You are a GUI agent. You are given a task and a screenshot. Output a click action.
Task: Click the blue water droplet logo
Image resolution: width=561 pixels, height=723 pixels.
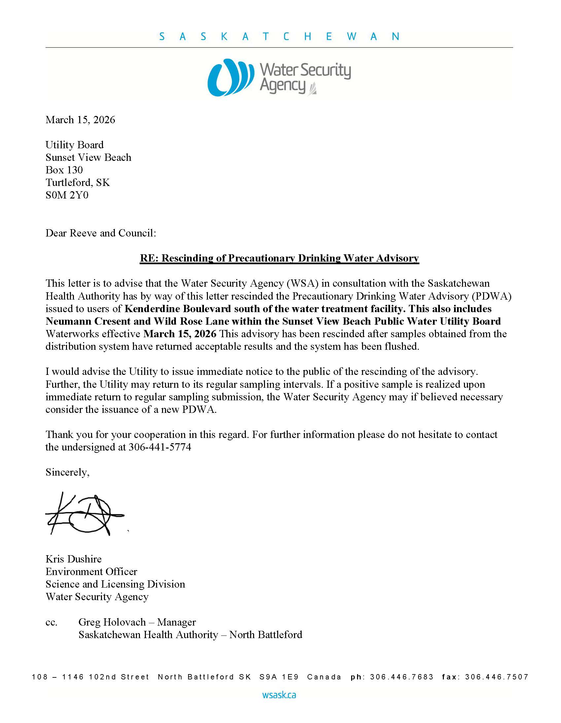(x=230, y=77)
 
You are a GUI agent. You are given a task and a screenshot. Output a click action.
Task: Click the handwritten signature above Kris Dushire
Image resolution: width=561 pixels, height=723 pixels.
(x=84, y=514)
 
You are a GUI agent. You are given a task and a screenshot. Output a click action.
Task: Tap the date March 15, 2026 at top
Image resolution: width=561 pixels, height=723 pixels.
(x=81, y=120)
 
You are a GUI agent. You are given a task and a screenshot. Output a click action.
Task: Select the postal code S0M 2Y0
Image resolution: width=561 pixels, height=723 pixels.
(x=67, y=195)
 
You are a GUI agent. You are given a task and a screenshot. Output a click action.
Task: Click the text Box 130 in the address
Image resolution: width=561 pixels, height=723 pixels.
(x=64, y=170)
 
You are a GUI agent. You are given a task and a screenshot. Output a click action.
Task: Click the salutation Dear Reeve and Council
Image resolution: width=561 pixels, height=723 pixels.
(x=101, y=233)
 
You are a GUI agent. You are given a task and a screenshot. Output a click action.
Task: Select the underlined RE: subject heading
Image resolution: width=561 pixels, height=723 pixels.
(x=280, y=258)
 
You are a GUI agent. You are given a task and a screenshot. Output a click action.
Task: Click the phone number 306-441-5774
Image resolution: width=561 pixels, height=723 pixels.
(x=160, y=447)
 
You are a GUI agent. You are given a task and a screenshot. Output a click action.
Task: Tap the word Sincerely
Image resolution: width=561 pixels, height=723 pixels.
(x=67, y=472)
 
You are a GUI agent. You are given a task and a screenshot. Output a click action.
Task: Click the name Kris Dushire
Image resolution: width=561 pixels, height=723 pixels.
(x=74, y=559)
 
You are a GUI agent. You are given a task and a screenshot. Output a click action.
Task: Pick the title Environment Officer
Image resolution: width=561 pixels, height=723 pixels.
(x=91, y=572)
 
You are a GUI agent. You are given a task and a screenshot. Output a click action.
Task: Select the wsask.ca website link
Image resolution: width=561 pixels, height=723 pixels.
(x=279, y=695)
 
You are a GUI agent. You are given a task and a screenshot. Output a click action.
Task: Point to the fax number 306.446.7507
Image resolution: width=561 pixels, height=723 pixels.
(x=497, y=677)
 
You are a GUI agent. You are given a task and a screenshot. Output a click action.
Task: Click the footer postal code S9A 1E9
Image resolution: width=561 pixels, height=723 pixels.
(x=279, y=677)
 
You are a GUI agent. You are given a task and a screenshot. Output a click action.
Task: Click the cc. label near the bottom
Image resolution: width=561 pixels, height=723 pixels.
(x=51, y=622)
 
